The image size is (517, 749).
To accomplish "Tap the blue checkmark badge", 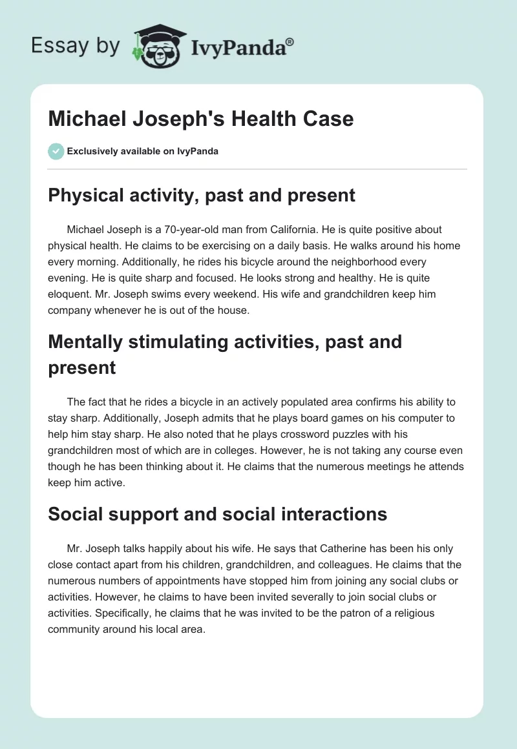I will pyautogui.click(x=56, y=151).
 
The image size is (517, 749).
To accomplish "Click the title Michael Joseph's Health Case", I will pyautogui.click(x=201, y=119).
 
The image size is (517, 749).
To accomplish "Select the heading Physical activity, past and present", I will pyautogui.click(x=202, y=195).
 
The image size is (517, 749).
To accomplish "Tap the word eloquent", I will pyautogui.click(x=69, y=294).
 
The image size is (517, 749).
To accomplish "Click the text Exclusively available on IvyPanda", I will pyautogui.click(x=142, y=151).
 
